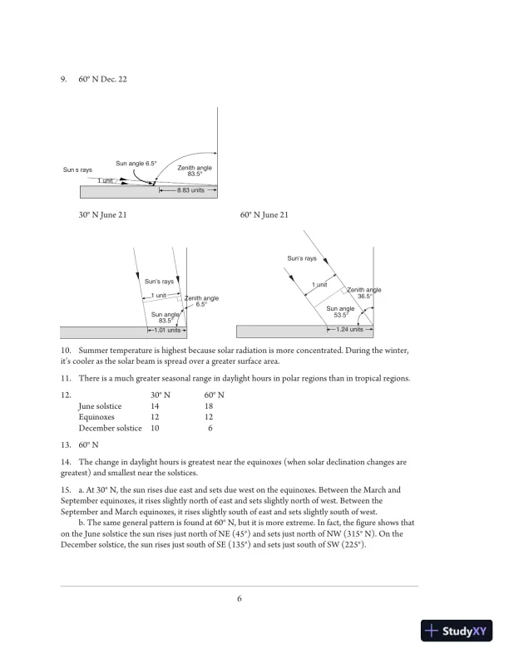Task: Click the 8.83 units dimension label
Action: [x=190, y=190]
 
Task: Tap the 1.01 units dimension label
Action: [x=167, y=331]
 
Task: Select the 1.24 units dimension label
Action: [x=349, y=330]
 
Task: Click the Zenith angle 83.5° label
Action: [x=195, y=170]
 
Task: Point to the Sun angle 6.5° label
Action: [x=136, y=163]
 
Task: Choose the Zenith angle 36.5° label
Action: [x=364, y=293]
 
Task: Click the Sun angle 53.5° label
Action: [x=340, y=312]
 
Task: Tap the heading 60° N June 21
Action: [x=264, y=215]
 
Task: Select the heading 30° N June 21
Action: [x=102, y=215]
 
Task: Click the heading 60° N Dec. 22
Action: [x=102, y=79]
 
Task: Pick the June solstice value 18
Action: [x=209, y=405]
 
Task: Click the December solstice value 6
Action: [x=210, y=428]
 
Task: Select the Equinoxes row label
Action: [x=96, y=417]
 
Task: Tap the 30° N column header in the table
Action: [x=161, y=395]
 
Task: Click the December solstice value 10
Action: [x=155, y=428]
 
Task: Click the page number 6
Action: [x=240, y=598]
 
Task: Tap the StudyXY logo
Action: [x=457, y=631]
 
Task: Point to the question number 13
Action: [x=66, y=444]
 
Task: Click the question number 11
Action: [x=66, y=378]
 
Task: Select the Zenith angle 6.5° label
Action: [x=201, y=301]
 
